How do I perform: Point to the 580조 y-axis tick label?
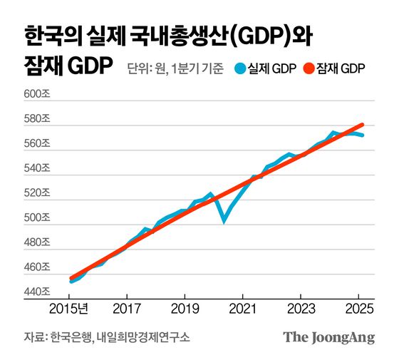pyautogui.click(x=38, y=119)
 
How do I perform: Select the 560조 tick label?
pyautogui.click(x=38, y=143)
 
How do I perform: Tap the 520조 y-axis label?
pyautogui.click(x=38, y=192)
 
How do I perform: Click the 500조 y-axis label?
pyautogui.click(x=38, y=217)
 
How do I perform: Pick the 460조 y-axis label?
pyautogui.click(x=38, y=267)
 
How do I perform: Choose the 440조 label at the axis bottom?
pyautogui.click(x=38, y=291)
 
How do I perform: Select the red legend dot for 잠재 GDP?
pyautogui.click(x=309, y=69)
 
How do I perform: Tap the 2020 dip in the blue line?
pyautogui.click(x=224, y=220)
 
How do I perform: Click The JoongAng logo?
pyautogui.click(x=328, y=338)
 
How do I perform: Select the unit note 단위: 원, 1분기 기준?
pyautogui.click(x=175, y=69)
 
